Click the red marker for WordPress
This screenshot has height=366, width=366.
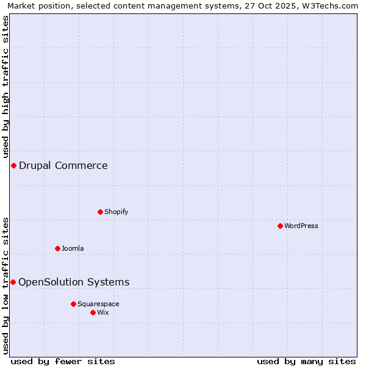coord(280,226)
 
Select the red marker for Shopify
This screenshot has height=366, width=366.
coord(100,212)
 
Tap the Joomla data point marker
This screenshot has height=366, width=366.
coord(57,248)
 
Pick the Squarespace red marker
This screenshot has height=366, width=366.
coord(73,304)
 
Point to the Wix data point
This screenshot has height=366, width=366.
coord(93,312)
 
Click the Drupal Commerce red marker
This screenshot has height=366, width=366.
coord(13,165)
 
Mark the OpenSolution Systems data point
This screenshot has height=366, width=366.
coord(13,282)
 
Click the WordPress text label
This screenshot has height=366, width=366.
coord(301,226)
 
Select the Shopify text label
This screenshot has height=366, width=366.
coord(116,212)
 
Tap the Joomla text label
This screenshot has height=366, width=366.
coord(73,248)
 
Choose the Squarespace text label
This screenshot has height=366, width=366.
coord(98,304)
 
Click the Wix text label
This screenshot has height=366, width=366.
coord(103,312)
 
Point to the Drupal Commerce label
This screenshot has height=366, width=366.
coord(63,165)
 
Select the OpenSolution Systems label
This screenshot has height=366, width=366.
coord(74,282)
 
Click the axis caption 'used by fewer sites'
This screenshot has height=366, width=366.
coord(63,361)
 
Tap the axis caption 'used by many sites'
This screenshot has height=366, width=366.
coord(306,361)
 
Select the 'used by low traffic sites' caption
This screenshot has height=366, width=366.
coord(5,285)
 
